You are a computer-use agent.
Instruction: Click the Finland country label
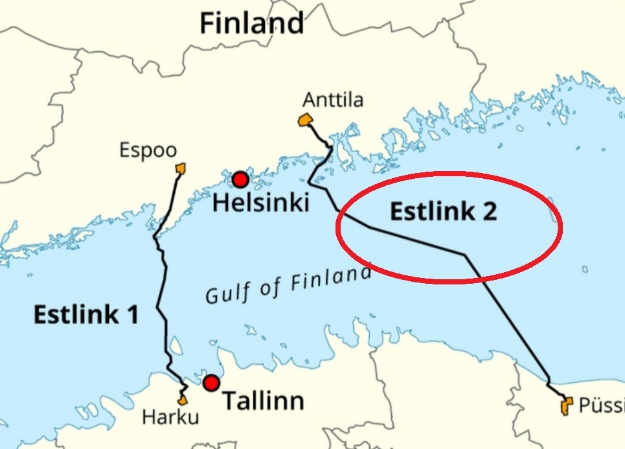251,23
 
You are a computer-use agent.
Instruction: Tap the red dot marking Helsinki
240,179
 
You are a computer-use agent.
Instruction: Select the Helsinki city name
261,203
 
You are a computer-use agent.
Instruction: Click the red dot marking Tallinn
211,383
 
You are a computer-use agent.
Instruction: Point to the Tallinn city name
263,401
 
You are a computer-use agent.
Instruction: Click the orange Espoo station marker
181,168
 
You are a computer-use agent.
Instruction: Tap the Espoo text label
148,151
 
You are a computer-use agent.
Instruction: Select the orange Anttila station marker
305,120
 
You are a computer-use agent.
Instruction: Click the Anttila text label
333,100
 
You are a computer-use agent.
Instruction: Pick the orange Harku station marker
183,400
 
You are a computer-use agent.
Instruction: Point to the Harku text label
170,419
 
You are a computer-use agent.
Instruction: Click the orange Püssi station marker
566,406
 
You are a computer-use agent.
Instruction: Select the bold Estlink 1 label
85,315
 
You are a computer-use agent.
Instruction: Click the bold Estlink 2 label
443,211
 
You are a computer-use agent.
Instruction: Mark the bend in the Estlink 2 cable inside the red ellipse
465,255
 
